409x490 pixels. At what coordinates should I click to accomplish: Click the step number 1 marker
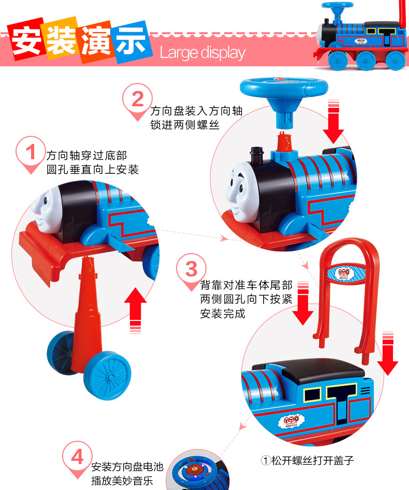(x=31, y=153)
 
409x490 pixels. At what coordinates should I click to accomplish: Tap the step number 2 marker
(x=137, y=100)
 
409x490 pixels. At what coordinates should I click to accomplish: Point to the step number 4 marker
(x=77, y=458)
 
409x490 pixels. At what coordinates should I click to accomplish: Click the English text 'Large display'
(x=203, y=53)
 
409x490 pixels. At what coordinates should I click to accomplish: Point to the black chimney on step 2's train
(x=256, y=156)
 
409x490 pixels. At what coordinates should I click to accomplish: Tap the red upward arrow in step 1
(x=135, y=310)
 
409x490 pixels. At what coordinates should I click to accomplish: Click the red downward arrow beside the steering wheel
(x=333, y=121)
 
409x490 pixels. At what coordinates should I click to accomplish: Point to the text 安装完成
(x=223, y=313)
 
